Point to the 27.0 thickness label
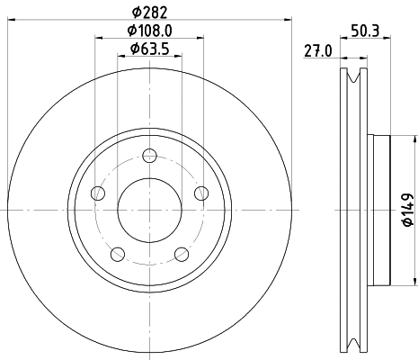(x=315, y=52)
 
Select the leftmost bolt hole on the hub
(x=98, y=193)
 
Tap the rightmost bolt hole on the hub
(x=201, y=192)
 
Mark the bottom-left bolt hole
(x=117, y=254)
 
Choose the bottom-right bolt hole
(x=182, y=254)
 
